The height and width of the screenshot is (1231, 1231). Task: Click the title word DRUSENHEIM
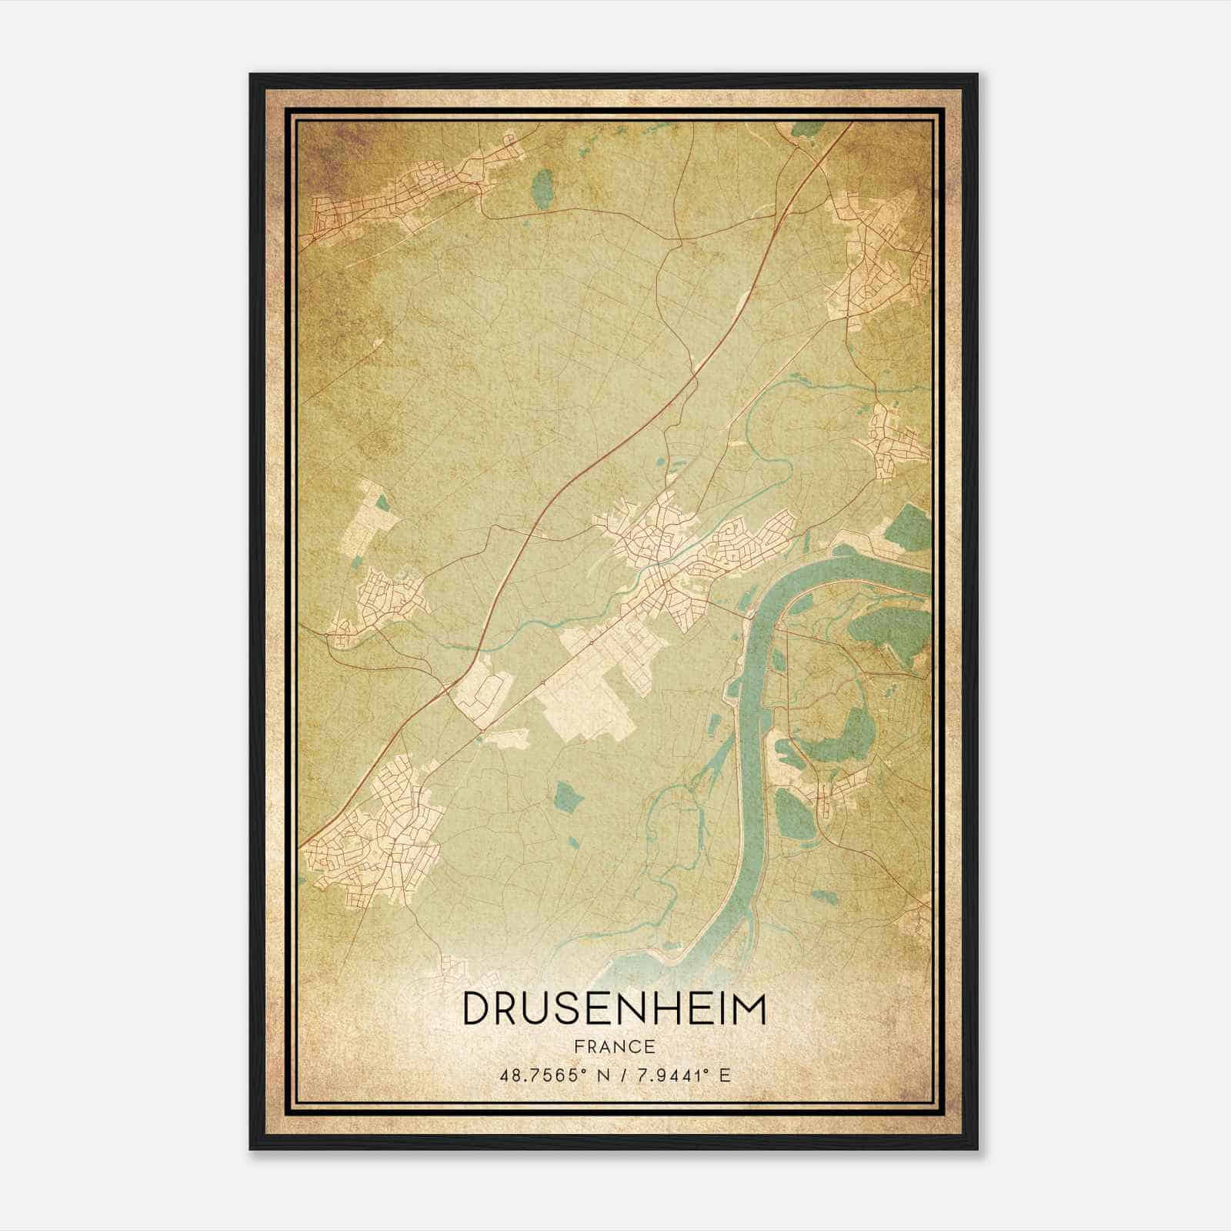pos(614,1009)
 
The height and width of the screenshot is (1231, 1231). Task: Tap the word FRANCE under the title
pos(614,1047)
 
